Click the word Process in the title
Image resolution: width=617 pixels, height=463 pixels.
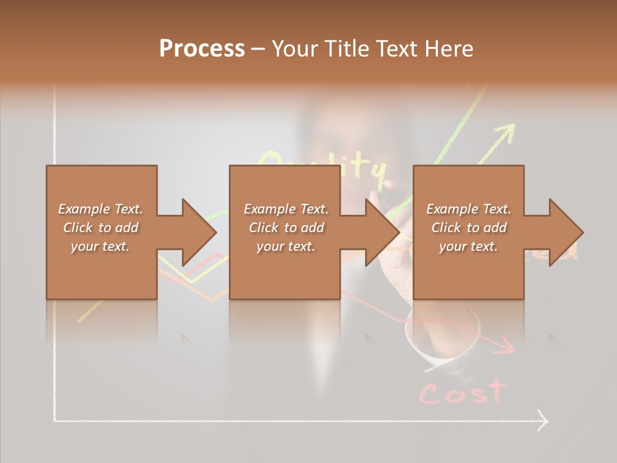(x=202, y=49)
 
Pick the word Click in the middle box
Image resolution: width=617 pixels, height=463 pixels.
(x=262, y=228)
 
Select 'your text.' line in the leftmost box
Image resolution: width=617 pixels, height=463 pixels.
(x=100, y=246)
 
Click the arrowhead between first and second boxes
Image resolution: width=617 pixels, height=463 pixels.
(x=199, y=232)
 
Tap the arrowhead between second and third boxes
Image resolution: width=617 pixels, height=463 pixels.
(x=382, y=232)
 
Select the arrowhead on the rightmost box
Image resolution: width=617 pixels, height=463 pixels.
(x=566, y=232)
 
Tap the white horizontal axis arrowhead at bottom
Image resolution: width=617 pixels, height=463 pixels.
(x=542, y=421)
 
